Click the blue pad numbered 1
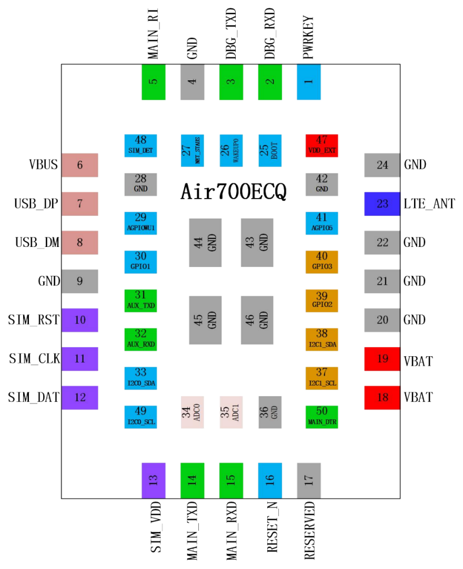(309, 82)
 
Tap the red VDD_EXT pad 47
(321, 146)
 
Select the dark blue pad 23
(382, 204)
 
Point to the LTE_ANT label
(429, 204)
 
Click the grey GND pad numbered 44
(205, 243)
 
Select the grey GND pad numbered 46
(257, 320)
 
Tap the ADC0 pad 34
(192, 412)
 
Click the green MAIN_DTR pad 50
(321, 417)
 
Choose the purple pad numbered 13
(154, 480)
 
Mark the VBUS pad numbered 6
(80, 165)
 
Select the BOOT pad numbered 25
(270, 150)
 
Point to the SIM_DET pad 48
(140, 146)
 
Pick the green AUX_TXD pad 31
(140, 301)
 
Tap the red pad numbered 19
(382, 359)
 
